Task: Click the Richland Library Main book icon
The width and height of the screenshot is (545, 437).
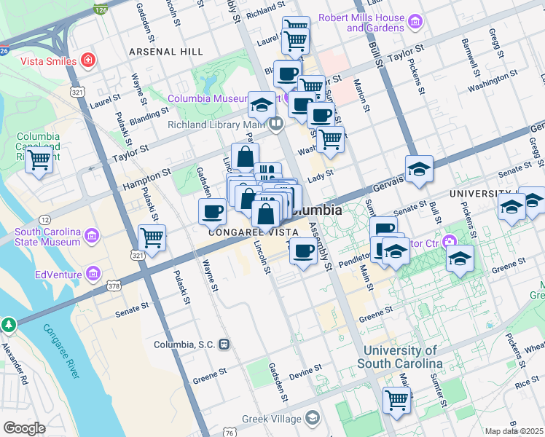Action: [275, 123]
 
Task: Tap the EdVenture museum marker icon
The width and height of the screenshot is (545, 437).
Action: [93, 274]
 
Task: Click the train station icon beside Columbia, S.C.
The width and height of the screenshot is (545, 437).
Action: [225, 344]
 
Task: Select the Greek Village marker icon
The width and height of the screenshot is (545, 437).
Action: [313, 418]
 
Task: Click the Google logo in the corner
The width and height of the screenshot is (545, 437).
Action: [24, 428]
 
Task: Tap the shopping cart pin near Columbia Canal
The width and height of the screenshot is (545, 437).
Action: [39, 160]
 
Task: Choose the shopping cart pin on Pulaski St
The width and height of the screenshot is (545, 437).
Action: [152, 237]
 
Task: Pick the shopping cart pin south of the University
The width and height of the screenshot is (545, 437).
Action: [396, 399]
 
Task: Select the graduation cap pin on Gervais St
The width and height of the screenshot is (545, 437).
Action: [419, 170]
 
